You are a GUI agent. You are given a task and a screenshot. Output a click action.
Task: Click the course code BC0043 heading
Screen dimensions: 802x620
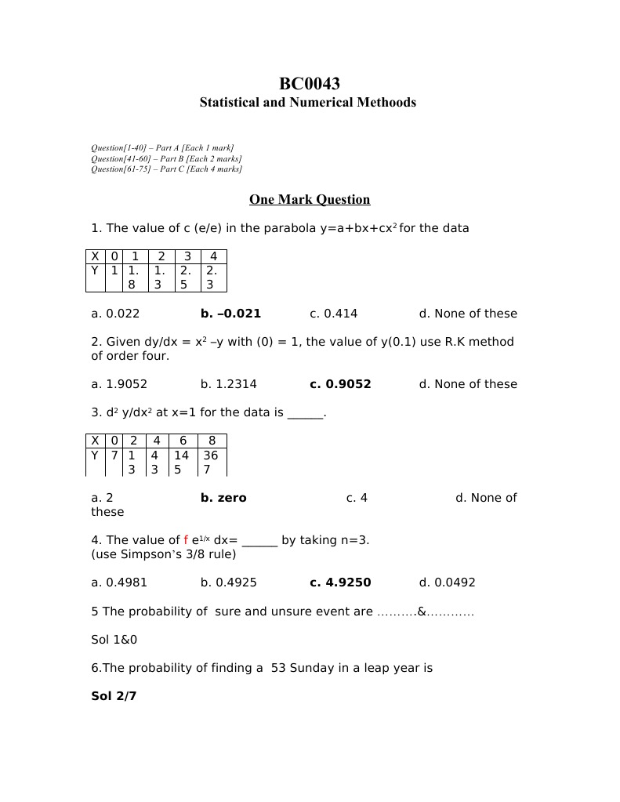(x=310, y=84)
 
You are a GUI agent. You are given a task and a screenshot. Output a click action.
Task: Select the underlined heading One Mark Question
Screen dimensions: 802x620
(x=310, y=200)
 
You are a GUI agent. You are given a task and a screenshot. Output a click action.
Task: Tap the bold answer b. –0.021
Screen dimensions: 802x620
(x=230, y=314)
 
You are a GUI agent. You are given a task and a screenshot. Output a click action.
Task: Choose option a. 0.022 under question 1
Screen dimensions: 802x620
(x=115, y=314)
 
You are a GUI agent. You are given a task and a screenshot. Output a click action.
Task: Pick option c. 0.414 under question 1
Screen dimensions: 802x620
(x=333, y=314)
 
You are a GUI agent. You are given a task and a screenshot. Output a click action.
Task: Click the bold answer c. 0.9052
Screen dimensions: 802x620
(x=340, y=384)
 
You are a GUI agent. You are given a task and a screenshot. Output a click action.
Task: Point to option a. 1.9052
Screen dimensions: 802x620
(x=119, y=384)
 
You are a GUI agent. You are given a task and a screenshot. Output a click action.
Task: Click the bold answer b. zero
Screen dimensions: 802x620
(x=223, y=498)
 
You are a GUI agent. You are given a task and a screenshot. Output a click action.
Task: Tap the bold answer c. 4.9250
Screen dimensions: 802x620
(x=340, y=582)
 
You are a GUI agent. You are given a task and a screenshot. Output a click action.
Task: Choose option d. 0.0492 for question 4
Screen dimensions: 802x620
(x=447, y=582)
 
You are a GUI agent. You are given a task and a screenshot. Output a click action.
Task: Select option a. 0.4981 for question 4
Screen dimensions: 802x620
(x=119, y=582)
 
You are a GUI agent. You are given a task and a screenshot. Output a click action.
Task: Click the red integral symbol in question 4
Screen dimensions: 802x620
(x=186, y=540)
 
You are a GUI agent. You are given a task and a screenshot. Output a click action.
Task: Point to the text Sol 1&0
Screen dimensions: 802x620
(x=114, y=640)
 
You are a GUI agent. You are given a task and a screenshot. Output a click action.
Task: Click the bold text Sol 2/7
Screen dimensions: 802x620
(x=114, y=696)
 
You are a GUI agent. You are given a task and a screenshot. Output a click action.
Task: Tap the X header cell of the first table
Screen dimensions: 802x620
(x=95, y=256)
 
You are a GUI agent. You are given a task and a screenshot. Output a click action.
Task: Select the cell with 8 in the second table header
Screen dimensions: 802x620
(x=212, y=441)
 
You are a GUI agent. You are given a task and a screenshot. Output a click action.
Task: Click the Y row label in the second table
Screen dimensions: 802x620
(x=95, y=455)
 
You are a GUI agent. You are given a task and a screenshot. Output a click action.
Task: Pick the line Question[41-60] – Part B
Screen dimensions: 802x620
(x=166, y=158)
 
